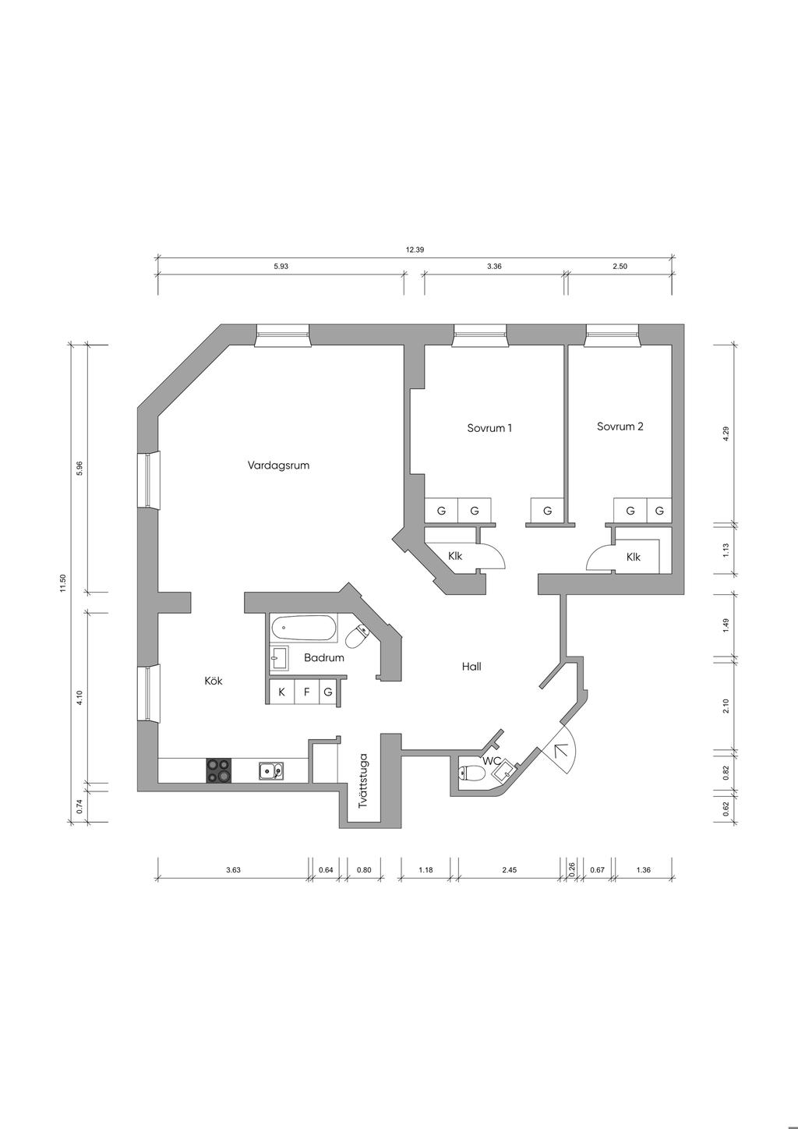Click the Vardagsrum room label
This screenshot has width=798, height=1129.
tap(278, 465)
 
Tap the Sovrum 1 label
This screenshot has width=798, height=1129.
tap(489, 428)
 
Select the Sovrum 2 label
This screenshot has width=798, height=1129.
tap(620, 426)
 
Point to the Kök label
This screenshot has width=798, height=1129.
tap(213, 681)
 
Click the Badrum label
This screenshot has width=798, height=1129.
tap(324, 658)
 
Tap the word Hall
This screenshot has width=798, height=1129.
tap(471, 667)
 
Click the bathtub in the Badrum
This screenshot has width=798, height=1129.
tap(304, 628)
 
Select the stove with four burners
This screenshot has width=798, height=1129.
tap(219, 770)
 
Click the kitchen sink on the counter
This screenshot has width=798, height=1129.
tap(271, 771)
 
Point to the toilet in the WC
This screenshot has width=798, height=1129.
tap(468, 772)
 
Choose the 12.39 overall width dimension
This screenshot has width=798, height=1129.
tap(415, 250)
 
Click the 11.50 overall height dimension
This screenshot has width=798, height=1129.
tap(62, 583)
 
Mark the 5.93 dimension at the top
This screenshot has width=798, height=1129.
tap(281, 267)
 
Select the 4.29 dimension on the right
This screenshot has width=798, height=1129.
tap(726, 434)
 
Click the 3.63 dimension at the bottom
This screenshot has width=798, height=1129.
tap(233, 870)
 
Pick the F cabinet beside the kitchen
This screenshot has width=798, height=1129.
tap(307, 692)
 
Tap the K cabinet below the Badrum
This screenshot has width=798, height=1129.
tap(281, 692)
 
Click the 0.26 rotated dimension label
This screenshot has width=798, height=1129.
tap(571, 869)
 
